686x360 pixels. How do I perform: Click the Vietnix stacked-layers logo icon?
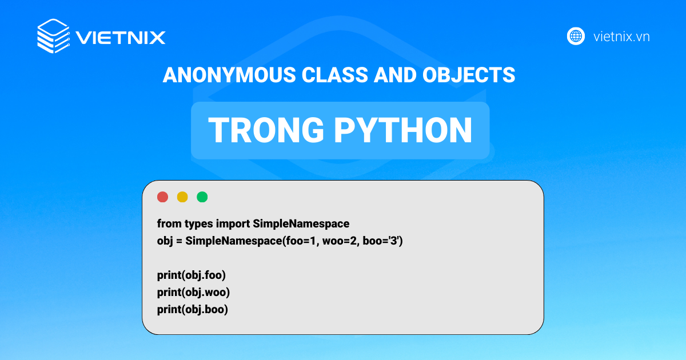(x=53, y=37)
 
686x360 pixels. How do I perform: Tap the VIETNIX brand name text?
(x=121, y=38)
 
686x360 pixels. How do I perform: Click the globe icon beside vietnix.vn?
(x=576, y=37)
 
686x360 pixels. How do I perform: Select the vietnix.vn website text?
(x=621, y=37)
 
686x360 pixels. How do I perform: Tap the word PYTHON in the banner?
(x=404, y=131)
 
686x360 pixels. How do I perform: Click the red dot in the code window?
(x=162, y=197)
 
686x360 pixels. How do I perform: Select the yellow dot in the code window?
(x=182, y=197)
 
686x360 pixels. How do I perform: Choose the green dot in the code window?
(x=202, y=197)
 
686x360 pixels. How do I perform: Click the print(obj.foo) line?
(x=192, y=275)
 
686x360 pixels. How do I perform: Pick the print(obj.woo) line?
(x=193, y=293)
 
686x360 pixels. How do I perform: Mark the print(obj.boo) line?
(x=193, y=310)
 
